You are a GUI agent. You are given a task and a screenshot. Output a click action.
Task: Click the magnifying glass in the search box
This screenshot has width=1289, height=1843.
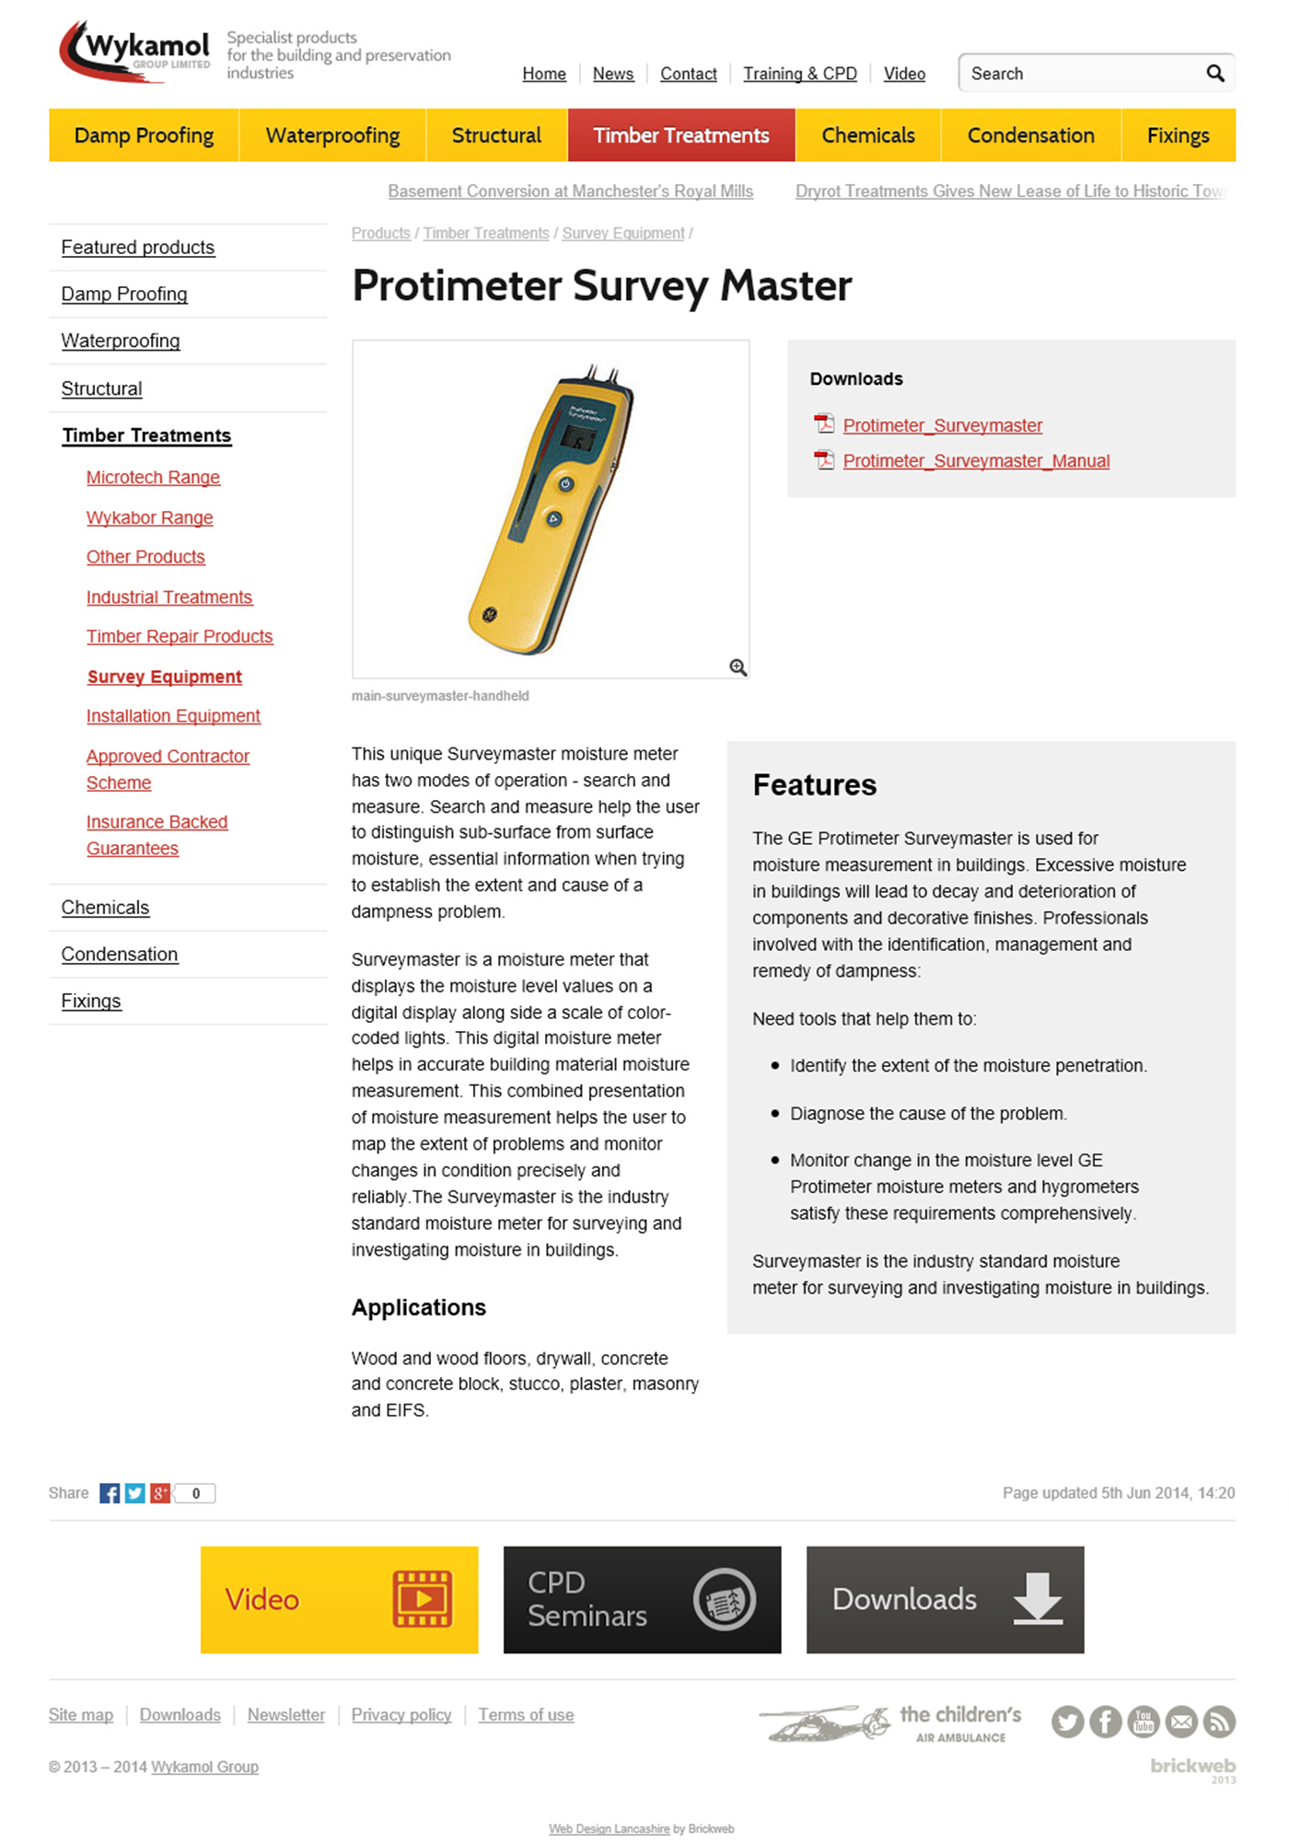coord(1214,74)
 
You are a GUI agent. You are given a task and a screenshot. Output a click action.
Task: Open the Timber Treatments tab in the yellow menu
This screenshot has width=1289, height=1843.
coord(680,135)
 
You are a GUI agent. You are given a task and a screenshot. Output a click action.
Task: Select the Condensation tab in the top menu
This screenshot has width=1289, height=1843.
coord(1030,135)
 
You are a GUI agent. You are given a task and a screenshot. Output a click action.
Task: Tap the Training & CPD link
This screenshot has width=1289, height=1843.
coord(799,74)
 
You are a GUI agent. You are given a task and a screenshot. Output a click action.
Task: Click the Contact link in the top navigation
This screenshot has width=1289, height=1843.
coord(688,74)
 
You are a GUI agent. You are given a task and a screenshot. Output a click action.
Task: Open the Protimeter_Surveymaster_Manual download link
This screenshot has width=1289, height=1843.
coord(976,461)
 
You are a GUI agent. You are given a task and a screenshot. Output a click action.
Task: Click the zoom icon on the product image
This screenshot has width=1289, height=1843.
coord(737,667)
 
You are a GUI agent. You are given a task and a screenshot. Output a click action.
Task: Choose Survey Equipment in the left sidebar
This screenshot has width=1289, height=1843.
coord(164,677)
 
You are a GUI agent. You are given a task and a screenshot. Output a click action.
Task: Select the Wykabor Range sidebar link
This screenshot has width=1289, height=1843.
coord(149,517)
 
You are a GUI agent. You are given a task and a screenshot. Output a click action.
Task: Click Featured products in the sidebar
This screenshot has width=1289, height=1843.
coord(137,248)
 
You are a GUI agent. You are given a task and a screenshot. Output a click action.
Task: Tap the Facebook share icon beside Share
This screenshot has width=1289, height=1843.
coord(110,1493)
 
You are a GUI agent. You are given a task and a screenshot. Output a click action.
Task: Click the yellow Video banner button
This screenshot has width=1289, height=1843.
coord(339,1599)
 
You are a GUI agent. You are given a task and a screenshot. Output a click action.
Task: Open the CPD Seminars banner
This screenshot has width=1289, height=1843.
coord(642,1599)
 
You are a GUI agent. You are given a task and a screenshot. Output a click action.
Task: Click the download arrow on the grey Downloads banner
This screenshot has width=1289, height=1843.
coord(1038,1598)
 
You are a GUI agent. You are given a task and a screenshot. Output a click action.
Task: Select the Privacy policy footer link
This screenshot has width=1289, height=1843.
coord(401,1715)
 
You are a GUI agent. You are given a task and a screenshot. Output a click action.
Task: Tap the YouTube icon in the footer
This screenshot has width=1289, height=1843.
coord(1143,1721)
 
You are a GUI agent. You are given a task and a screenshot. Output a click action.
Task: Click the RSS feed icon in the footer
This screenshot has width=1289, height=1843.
coord(1219,1721)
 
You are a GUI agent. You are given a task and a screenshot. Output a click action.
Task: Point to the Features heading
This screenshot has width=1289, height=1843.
coord(814,785)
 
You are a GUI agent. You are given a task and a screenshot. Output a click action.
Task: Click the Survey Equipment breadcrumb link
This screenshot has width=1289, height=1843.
coord(622,234)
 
